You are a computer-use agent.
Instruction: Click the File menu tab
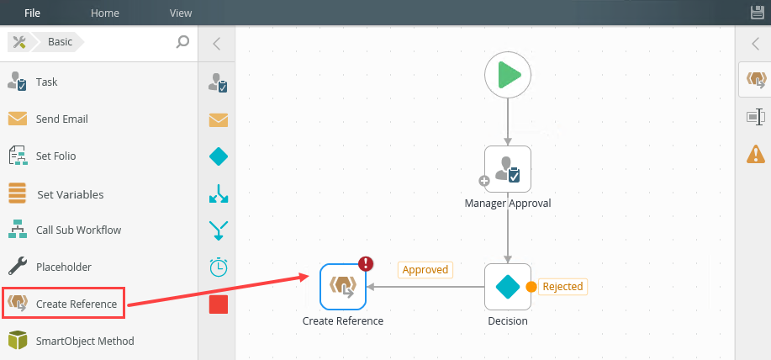32,13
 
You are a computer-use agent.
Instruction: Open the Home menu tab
105,13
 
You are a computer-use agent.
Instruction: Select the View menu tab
181,13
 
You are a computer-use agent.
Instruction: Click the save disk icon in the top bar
757,13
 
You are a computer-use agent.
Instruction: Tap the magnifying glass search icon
182,41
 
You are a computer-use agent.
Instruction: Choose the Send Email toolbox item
61,119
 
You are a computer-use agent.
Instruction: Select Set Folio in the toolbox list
55,156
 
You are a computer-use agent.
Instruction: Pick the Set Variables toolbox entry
70,194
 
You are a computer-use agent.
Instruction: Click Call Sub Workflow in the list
78,230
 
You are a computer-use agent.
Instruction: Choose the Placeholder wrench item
63,267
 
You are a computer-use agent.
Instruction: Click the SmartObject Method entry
84,341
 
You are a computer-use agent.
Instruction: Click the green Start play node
508,76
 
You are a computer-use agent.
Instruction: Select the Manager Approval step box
508,169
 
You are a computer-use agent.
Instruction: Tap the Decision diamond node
508,287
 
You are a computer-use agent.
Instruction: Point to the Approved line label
425,270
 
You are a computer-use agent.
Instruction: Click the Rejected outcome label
562,287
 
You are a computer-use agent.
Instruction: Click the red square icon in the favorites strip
219,304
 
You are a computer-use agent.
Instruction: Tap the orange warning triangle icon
755,154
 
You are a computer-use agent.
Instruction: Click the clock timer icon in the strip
219,267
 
